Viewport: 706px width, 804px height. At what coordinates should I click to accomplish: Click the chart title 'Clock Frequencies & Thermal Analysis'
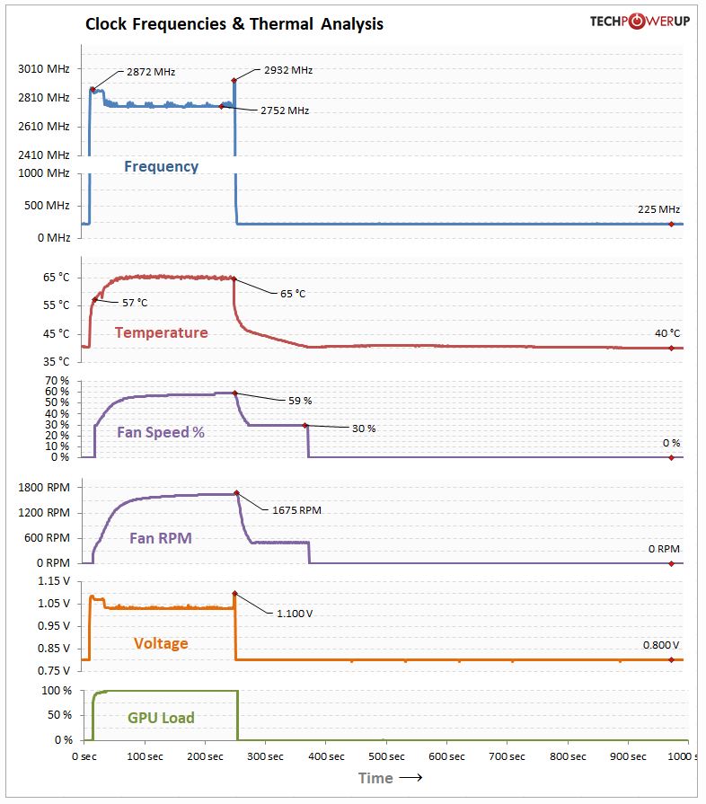234,24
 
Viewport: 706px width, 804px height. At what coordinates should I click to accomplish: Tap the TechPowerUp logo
639,21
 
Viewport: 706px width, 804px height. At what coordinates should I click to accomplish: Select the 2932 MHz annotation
288,70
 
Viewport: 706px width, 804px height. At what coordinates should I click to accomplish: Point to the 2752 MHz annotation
285,110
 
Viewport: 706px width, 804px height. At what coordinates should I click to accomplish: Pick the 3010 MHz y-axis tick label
43,68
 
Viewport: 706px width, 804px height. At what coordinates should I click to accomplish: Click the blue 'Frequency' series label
161,166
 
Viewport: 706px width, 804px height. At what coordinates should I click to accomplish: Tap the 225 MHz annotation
658,209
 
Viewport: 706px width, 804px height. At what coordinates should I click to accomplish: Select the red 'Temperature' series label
161,332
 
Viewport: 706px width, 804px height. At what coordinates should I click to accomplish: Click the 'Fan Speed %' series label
161,432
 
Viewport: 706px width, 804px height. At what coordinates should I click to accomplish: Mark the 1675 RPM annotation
296,510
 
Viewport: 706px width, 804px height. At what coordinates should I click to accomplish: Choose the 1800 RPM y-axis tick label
44,488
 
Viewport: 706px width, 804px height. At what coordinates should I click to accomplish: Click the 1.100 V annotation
295,613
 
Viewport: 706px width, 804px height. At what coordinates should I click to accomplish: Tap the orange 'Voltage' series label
161,643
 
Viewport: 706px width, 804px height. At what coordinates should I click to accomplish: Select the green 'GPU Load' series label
161,718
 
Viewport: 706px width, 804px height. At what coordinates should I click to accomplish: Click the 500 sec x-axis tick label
386,756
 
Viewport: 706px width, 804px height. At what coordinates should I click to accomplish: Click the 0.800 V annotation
661,645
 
